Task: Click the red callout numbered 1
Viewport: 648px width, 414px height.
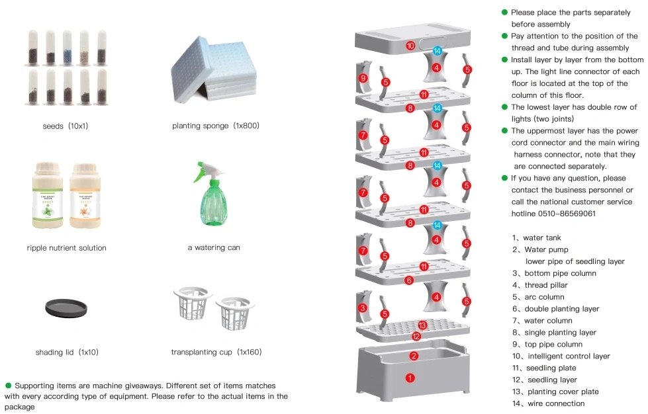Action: click(x=409, y=378)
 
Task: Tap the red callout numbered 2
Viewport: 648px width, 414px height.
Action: click(x=414, y=356)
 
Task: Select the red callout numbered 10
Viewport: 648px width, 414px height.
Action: click(x=410, y=46)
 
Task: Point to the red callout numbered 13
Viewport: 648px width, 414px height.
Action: click(x=423, y=325)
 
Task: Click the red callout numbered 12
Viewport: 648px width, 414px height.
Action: click(x=416, y=336)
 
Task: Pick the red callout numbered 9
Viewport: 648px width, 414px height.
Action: click(x=363, y=78)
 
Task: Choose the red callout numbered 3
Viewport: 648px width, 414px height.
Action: click(x=363, y=308)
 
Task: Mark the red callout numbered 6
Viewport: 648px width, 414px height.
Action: click(x=409, y=280)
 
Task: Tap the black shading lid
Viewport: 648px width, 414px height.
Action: click(x=66, y=308)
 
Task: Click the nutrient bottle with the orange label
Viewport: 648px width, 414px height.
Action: click(x=89, y=196)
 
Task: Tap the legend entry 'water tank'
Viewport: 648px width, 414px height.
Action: click(x=541, y=237)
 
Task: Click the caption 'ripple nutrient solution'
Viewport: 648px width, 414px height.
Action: click(x=67, y=248)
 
